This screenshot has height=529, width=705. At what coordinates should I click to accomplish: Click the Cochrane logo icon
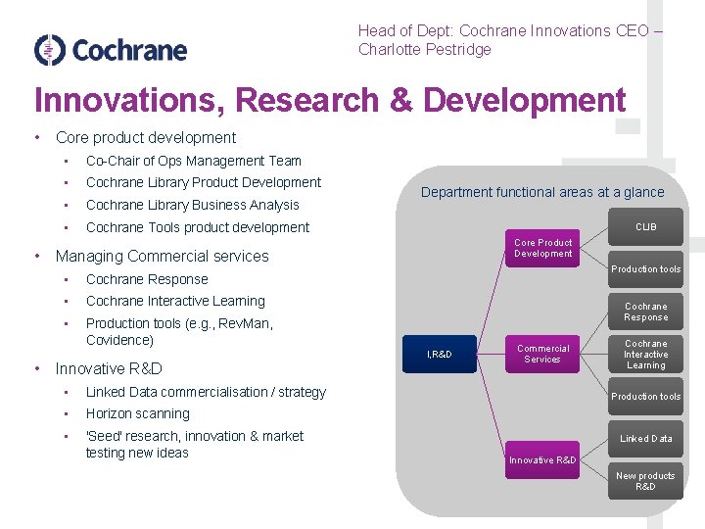[x=49, y=50]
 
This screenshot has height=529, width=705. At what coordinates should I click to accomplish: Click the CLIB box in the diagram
[x=645, y=227]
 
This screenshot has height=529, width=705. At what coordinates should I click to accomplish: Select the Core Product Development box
[x=543, y=248]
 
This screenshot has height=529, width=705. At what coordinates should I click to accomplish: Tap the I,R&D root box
[x=440, y=354]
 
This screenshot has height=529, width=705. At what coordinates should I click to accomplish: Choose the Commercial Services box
[x=542, y=354]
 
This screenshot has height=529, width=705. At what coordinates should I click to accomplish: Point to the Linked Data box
[x=645, y=439]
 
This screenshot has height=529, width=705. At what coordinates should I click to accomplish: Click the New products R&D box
[x=645, y=481]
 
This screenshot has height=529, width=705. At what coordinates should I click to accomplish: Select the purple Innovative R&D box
[x=542, y=459]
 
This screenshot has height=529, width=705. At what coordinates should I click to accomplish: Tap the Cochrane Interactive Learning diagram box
[x=645, y=355]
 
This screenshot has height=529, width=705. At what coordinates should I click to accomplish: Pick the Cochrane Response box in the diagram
[x=645, y=312]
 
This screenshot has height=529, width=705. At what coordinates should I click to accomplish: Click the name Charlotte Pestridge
[x=424, y=50]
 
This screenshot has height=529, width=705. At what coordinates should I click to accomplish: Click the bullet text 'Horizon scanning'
[x=138, y=413]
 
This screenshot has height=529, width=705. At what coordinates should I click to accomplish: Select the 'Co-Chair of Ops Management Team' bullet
[x=194, y=161]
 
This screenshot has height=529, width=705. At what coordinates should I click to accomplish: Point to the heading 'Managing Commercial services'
[x=162, y=256]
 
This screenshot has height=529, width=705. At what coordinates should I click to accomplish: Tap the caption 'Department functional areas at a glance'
[x=542, y=192]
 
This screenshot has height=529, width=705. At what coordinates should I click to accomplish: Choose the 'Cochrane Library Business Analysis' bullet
[x=193, y=205]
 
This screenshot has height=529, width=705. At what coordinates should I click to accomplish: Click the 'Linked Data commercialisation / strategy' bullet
[x=206, y=392]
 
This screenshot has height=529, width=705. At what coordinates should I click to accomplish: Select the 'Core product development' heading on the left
[x=146, y=137]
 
